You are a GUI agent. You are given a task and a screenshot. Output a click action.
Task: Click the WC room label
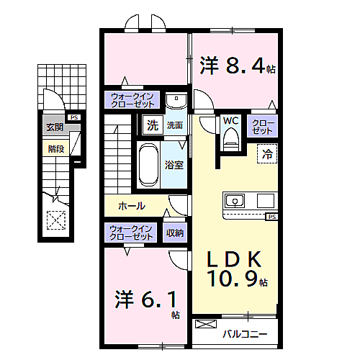click(x=230, y=121)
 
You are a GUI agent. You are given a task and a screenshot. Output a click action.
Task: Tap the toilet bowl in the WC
click(x=231, y=140)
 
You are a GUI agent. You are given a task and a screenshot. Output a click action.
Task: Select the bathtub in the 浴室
click(x=148, y=165)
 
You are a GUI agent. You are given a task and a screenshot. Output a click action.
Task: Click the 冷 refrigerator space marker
click(x=267, y=153)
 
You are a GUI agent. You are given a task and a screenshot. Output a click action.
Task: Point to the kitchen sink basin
click(x=235, y=201)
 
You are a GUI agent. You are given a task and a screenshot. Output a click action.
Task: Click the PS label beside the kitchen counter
click(x=272, y=217)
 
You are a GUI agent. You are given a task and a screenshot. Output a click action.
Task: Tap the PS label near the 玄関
click(x=74, y=117)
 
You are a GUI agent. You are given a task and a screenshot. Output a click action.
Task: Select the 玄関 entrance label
click(x=55, y=127)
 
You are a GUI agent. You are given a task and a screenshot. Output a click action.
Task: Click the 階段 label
click(x=56, y=149)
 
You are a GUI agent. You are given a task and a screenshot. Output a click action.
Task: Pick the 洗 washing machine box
click(x=153, y=125)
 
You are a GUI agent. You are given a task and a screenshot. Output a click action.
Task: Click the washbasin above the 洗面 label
click(x=176, y=101)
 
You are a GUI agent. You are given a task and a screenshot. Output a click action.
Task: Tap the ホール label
click(x=132, y=206)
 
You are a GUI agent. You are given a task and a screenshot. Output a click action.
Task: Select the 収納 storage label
click(x=175, y=233)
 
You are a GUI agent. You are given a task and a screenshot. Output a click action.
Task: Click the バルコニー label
click(x=245, y=334)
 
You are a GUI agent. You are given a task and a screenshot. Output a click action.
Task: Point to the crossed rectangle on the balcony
click(x=206, y=324)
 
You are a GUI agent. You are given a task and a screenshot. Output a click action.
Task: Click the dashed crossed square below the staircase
click(x=56, y=220)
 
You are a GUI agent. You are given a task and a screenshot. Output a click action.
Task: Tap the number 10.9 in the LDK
click(x=233, y=279)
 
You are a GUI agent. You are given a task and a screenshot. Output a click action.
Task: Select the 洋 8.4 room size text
click(x=238, y=65)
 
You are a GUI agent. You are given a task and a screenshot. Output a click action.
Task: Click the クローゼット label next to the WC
click(x=263, y=127)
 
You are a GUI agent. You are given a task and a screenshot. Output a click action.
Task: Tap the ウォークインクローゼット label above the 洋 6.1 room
click(x=131, y=233)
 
